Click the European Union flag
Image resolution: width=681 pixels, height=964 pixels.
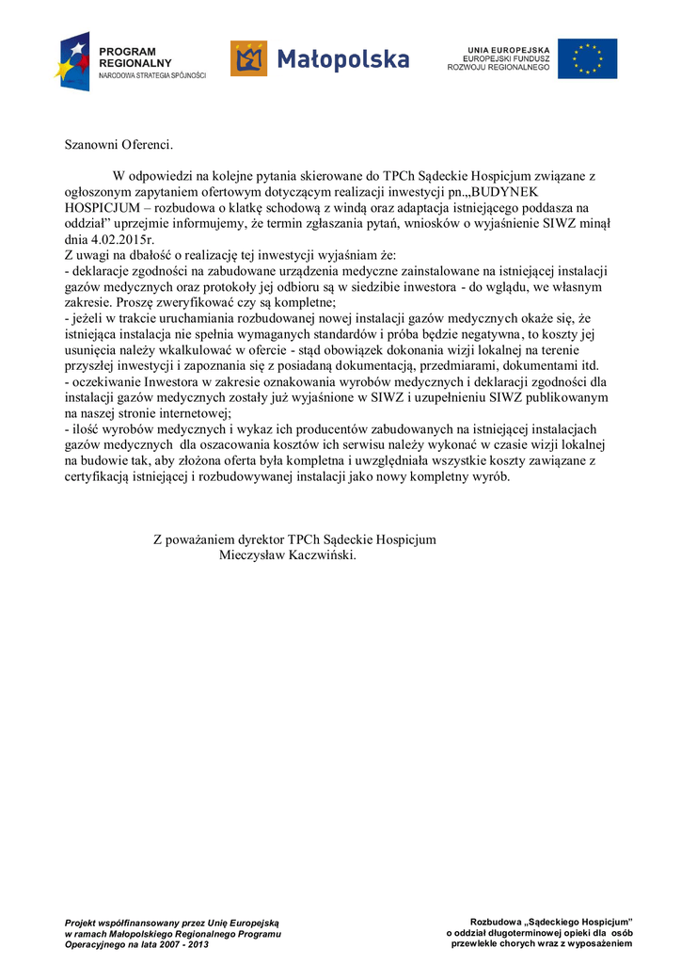(587, 58)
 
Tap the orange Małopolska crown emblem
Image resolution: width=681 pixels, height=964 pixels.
(249, 58)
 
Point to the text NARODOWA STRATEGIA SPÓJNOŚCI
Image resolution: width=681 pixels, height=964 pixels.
(152, 74)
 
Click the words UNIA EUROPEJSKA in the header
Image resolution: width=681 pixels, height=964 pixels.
(508, 49)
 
